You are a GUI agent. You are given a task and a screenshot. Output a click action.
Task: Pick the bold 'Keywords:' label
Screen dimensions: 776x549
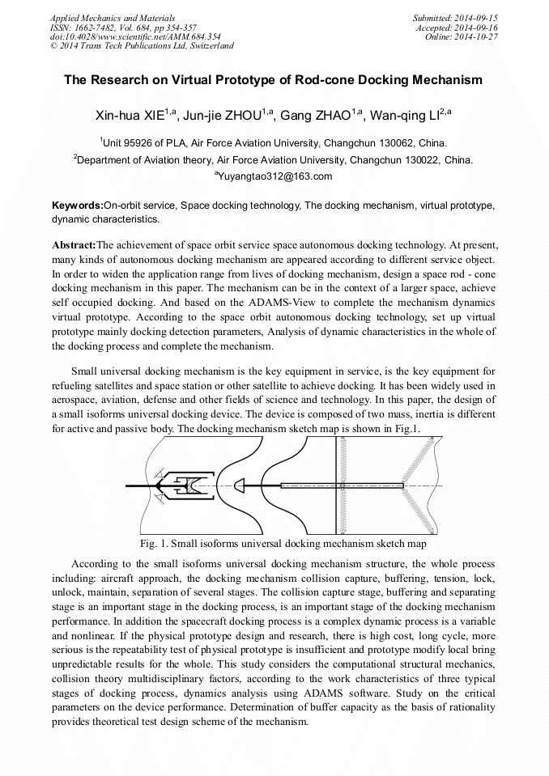tap(77, 206)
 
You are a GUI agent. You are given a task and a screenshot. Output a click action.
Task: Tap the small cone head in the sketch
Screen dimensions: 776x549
tap(239, 485)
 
